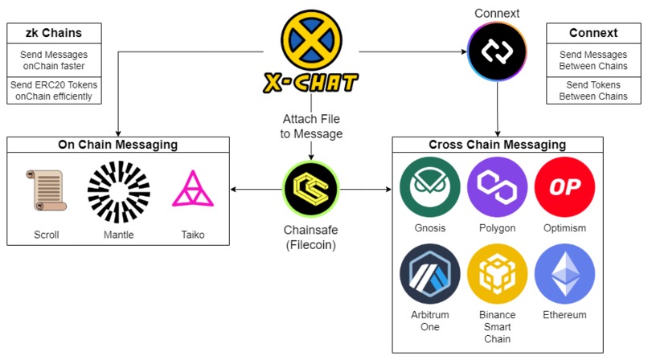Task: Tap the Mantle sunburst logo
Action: tap(119, 192)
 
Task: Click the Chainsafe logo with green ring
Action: tap(311, 190)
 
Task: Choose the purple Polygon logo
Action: tap(496, 186)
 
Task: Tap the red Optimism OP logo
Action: tap(564, 186)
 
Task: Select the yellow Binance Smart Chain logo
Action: tap(496, 273)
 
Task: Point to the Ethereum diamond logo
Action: tap(564, 273)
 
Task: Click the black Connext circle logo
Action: tap(497, 51)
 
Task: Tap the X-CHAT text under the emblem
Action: tap(311, 82)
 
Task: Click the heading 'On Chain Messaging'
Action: tap(118, 145)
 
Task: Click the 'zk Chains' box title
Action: tap(55, 33)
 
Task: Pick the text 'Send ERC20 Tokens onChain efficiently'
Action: tap(55, 90)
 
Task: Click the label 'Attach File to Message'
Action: tap(311, 126)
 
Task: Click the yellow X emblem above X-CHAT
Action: tap(311, 39)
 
